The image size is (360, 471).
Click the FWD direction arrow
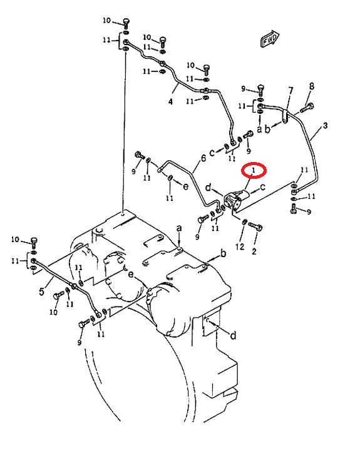click(x=270, y=38)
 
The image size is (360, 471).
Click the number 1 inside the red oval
click(x=254, y=170)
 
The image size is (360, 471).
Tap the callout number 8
click(x=312, y=86)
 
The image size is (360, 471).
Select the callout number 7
click(x=291, y=91)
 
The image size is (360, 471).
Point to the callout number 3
click(x=325, y=126)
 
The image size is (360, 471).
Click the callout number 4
click(x=170, y=102)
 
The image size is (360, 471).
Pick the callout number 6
click(x=203, y=158)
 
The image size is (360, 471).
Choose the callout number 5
click(x=41, y=291)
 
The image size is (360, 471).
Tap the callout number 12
click(x=240, y=247)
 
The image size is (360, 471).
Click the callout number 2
click(x=254, y=251)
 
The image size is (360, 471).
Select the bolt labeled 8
click(x=307, y=108)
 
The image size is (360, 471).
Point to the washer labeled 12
click(x=244, y=222)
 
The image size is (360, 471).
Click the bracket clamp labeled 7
click(x=285, y=116)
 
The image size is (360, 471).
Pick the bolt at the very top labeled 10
click(x=126, y=23)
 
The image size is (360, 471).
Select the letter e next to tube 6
click(x=185, y=186)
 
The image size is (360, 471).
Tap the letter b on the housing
click(x=223, y=254)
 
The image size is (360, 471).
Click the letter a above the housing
click(x=179, y=228)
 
